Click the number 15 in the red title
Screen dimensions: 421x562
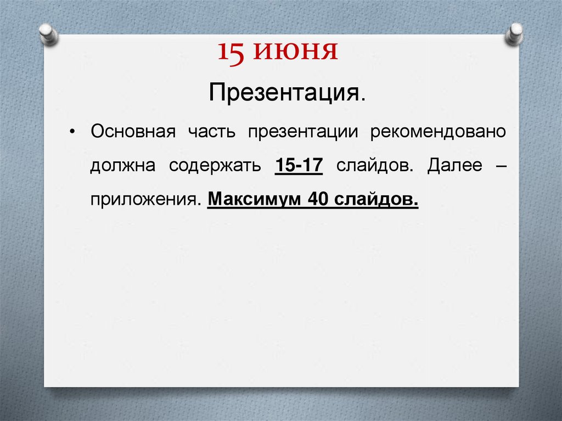point(231,54)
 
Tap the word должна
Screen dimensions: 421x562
point(123,166)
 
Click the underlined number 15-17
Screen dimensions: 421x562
point(297,166)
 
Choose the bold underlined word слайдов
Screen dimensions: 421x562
point(376,198)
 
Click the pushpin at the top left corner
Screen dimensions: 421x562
point(48,33)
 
